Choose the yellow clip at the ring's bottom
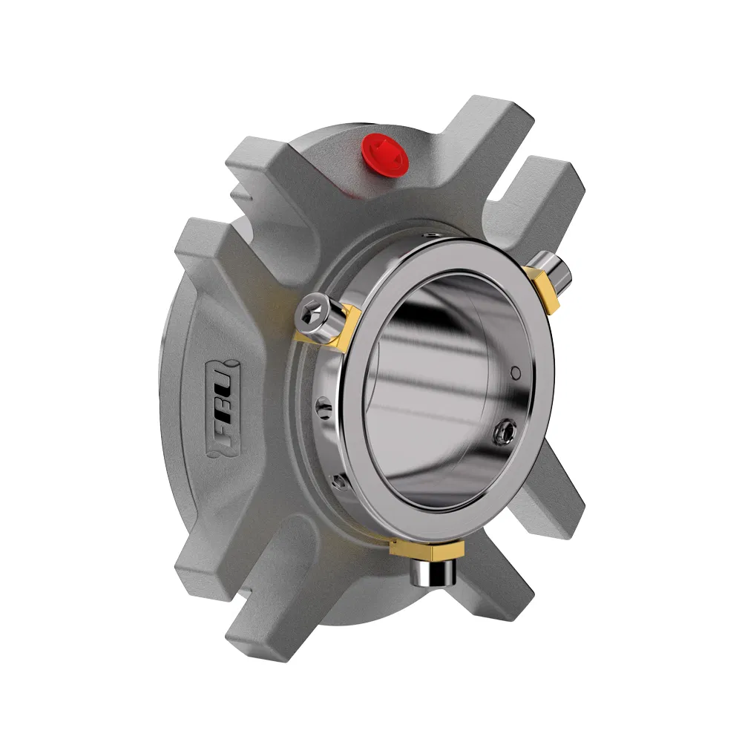(427, 550)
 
